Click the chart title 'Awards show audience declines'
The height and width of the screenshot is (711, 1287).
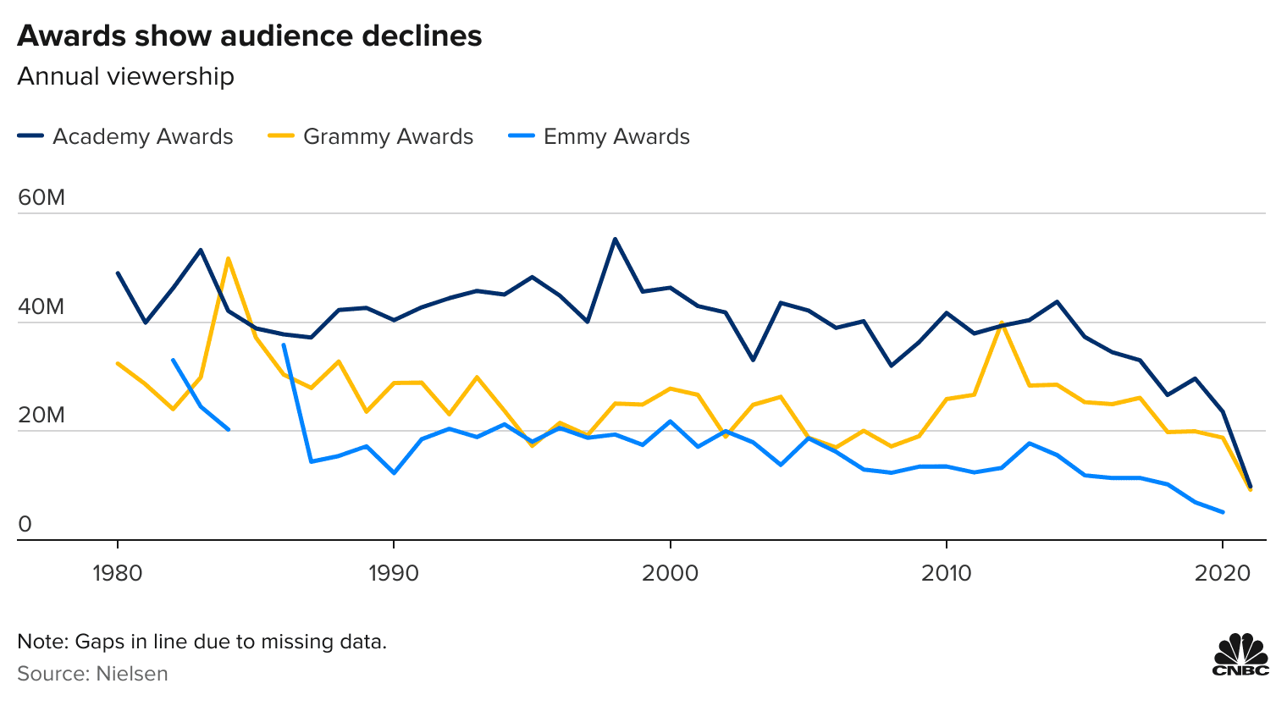pos(250,36)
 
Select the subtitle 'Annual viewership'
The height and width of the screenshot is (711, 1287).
pos(125,76)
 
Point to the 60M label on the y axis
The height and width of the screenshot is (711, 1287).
pos(41,198)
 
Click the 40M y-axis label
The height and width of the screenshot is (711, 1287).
pos(41,306)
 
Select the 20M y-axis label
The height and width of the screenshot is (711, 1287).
pos(41,415)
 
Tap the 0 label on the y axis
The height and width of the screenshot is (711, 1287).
pos(25,524)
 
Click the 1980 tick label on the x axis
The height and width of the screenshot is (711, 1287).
pos(118,573)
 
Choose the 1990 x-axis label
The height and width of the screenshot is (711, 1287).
pos(394,573)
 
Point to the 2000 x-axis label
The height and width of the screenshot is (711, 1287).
pos(670,573)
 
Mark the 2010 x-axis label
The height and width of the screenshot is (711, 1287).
pos(946,573)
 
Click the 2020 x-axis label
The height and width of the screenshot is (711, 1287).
pos(1222,573)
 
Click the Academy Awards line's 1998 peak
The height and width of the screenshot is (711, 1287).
pos(615,239)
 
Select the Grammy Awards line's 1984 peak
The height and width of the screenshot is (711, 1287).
pos(228,258)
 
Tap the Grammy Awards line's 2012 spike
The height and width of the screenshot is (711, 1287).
pos(1002,322)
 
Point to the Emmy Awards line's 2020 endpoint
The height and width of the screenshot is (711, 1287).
pos(1223,512)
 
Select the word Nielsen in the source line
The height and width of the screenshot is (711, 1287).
pos(131,674)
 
